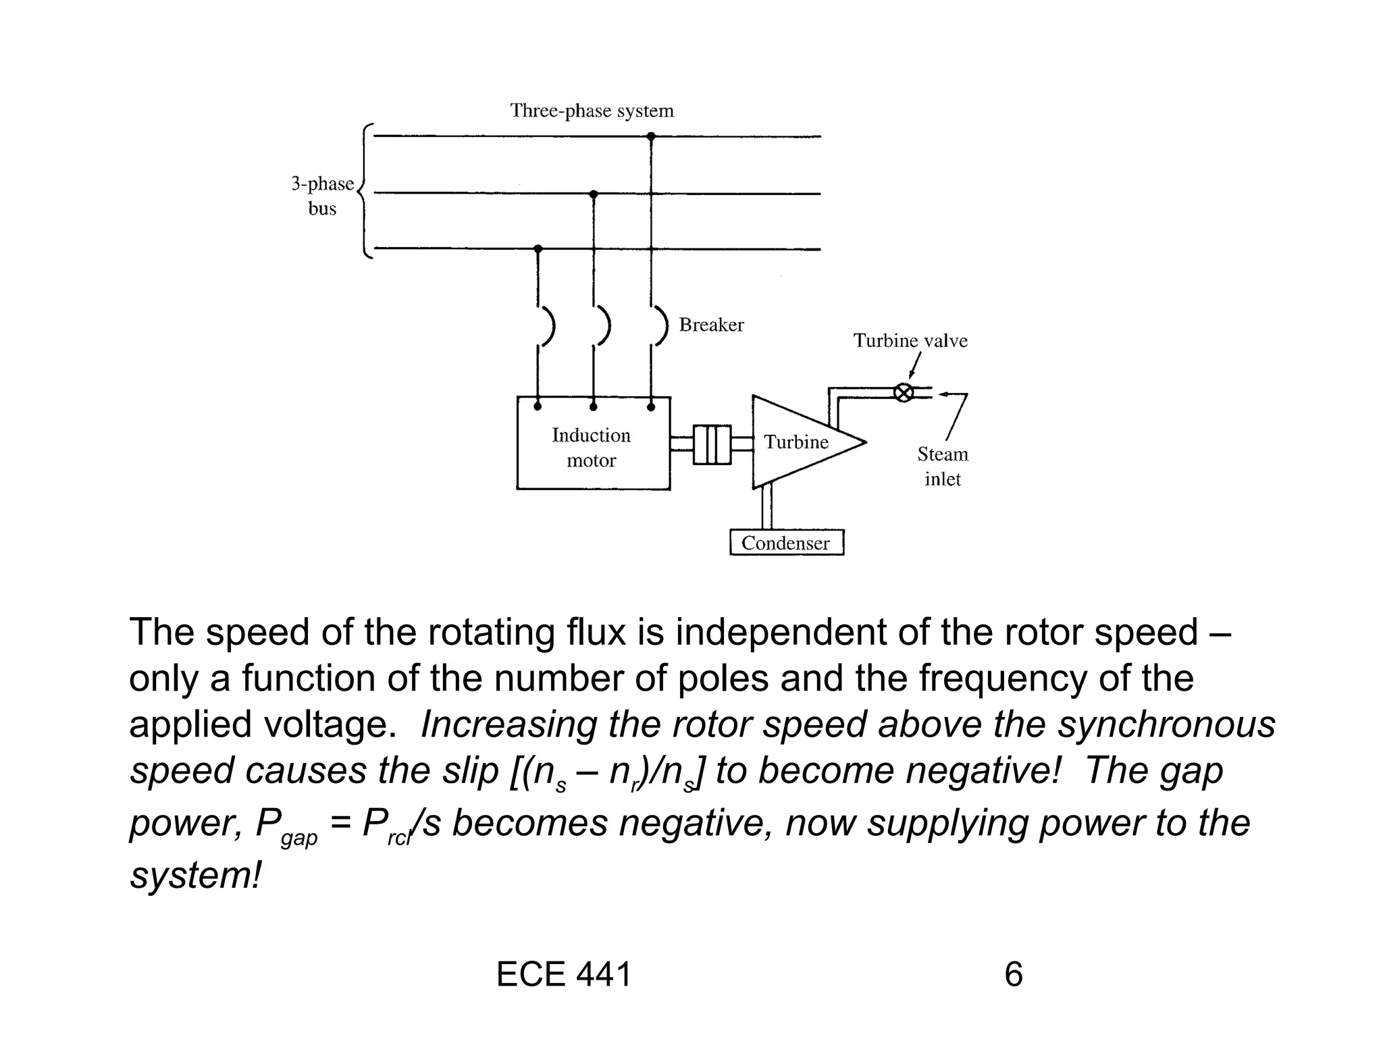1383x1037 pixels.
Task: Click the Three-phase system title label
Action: click(592, 111)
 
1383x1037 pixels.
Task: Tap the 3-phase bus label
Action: click(322, 196)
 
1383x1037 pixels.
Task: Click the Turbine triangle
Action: click(797, 442)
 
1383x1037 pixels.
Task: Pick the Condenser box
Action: click(786, 543)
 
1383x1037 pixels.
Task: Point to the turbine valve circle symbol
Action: click(903, 392)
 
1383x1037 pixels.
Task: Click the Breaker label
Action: click(711, 325)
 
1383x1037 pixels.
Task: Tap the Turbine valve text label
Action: click(910, 341)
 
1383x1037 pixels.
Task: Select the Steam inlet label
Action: click(942, 467)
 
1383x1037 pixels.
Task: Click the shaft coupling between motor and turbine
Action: click(712, 444)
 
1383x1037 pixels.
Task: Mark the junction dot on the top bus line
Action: click(651, 136)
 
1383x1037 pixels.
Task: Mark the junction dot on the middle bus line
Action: click(594, 194)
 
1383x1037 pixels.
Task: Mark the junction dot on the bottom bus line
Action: click(538, 249)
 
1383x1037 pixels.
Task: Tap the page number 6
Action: click(1013, 975)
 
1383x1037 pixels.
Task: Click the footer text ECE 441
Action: click(564, 975)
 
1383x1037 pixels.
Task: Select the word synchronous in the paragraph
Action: click(1166, 724)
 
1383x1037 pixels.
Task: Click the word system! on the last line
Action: click(195, 876)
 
